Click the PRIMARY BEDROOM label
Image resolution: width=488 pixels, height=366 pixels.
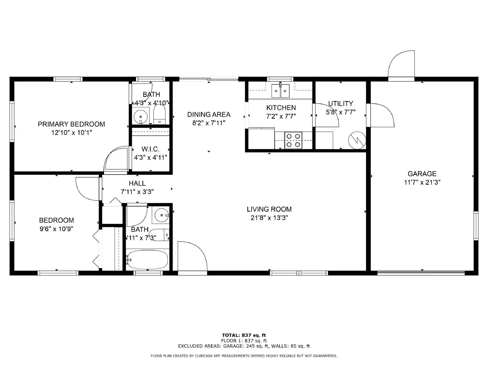point(71,124)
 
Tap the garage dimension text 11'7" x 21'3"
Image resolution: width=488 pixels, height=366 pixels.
point(422,182)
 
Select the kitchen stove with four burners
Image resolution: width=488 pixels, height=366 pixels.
point(293,140)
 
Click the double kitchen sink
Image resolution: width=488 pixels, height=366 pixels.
point(281,91)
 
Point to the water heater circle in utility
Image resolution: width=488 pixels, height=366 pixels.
point(357,140)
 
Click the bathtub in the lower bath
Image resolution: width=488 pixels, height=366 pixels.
point(147,260)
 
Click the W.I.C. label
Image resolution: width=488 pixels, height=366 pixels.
point(150,149)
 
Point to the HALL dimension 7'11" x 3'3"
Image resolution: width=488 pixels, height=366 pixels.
point(137,192)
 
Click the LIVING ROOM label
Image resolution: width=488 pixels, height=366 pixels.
point(269,209)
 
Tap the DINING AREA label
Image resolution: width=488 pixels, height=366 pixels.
point(209,115)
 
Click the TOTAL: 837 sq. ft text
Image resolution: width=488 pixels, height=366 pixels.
point(244,335)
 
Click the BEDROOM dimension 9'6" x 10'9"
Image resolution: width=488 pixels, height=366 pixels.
point(56,229)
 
